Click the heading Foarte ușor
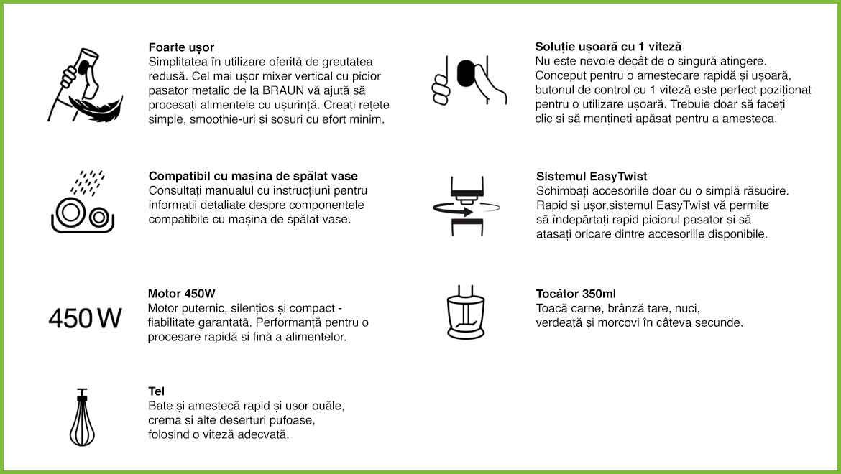coord(181,47)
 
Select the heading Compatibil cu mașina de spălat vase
coord(253,176)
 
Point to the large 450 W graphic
coord(85,318)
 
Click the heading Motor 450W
coord(182,294)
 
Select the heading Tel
coord(156,391)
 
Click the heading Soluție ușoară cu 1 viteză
coord(609,47)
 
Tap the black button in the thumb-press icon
coord(465,74)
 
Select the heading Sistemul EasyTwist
coord(592,176)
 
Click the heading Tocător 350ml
coord(576,294)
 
